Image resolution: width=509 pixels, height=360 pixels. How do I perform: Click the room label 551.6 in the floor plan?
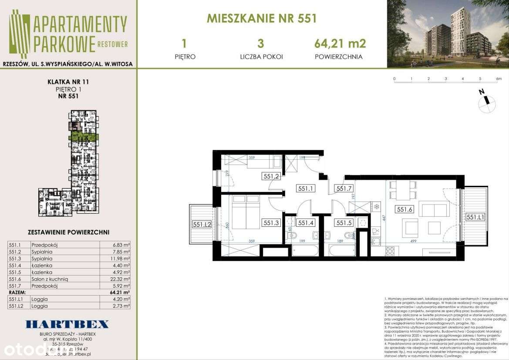click(x=403, y=209)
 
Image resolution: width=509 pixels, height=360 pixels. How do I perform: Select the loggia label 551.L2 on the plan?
click(x=202, y=224)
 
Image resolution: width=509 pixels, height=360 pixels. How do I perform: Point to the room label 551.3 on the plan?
click(x=271, y=222)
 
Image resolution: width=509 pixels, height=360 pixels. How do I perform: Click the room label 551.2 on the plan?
click(x=270, y=176)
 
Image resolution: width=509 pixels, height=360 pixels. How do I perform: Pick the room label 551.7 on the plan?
click(x=343, y=188)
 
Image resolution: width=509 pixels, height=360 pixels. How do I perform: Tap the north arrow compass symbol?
click(x=487, y=102)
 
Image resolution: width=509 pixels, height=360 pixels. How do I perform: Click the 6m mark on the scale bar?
click(x=499, y=79)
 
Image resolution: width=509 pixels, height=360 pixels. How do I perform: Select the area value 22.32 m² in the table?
click(x=121, y=279)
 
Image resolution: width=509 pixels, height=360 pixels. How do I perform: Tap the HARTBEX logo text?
click(x=67, y=324)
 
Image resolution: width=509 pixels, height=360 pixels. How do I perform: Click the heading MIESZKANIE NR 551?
click(x=261, y=18)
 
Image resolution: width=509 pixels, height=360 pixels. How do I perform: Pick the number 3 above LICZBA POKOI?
click(x=261, y=43)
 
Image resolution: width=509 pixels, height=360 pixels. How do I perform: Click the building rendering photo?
click(x=448, y=34)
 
